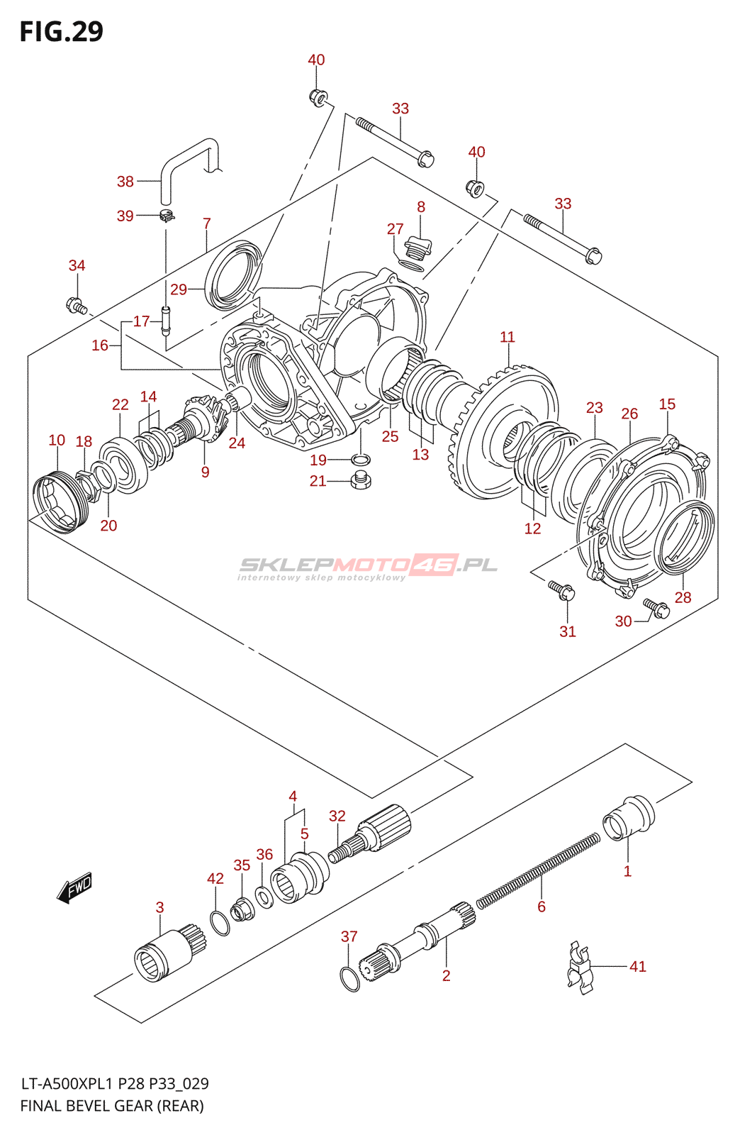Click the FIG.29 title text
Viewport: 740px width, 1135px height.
point(61,31)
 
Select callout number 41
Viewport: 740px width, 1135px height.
point(638,966)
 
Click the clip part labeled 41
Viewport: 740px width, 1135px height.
point(580,967)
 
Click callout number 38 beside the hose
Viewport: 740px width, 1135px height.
point(125,181)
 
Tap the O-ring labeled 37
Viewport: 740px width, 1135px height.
point(350,978)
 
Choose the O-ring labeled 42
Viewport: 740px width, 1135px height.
point(220,923)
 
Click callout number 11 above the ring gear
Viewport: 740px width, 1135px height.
point(508,337)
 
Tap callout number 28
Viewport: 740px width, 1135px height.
point(683,597)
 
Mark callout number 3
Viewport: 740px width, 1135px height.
point(160,907)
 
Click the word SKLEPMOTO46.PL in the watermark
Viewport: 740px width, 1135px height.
point(368,565)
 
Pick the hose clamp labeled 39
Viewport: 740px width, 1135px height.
point(167,216)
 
